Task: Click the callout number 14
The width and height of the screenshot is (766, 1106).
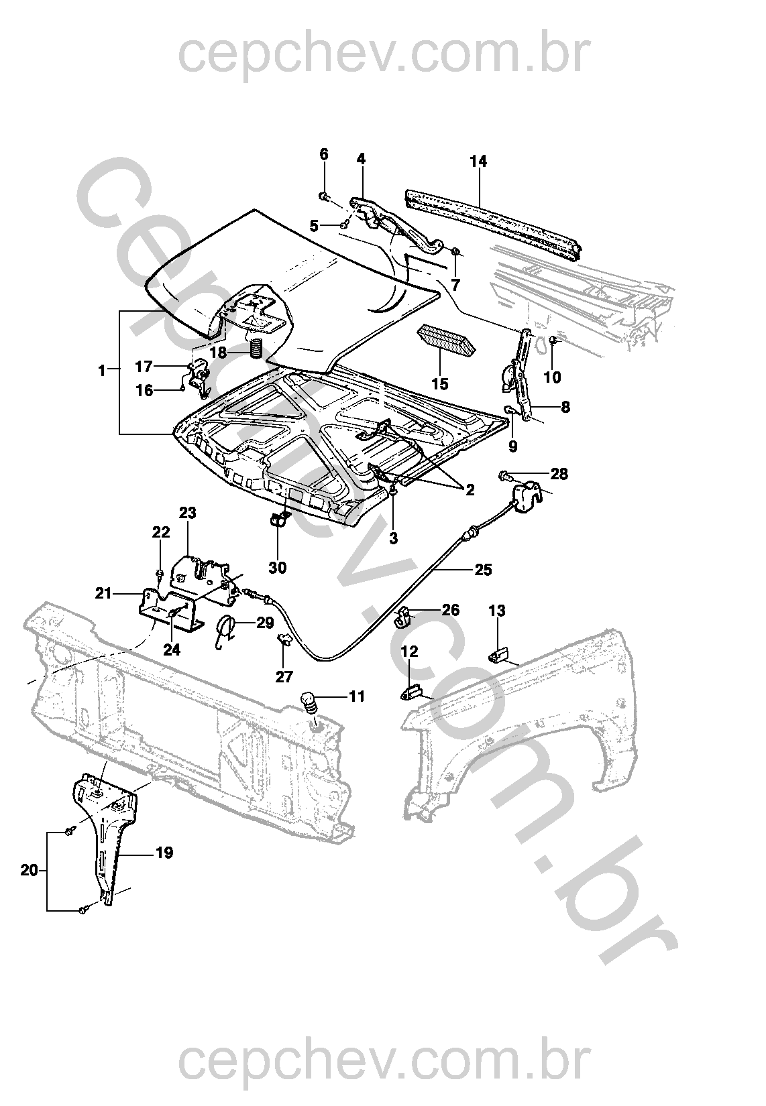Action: pyautogui.click(x=478, y=162)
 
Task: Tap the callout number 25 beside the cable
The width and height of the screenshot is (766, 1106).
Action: pyautogui.click(x=483, y=570)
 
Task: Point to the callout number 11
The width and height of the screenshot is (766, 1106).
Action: pyautogui.click(x=356, y=696)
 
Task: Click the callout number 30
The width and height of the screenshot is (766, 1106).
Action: pyautogui.click(x=277, y=568)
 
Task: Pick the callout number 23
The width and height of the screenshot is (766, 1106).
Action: pyautogui.click(x=187, y=513)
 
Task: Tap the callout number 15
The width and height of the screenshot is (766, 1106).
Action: pyautogui.click(x=440, y=383)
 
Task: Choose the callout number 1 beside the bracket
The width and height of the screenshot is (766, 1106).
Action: pyautogui.click(x=102, y=370)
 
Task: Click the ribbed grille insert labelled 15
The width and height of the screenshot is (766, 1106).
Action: pyautogui.click(x=447, y=339)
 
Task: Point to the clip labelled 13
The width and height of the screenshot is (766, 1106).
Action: pyautogui.click(x=498, y=656)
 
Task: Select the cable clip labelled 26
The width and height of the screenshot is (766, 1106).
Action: pyautogui.click(x=402, y=617)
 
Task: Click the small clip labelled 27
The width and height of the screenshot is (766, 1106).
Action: pyautogui.click(x=284, y=640)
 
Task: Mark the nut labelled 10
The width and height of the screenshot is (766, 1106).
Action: pyautogui.click(x=553, y=341)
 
